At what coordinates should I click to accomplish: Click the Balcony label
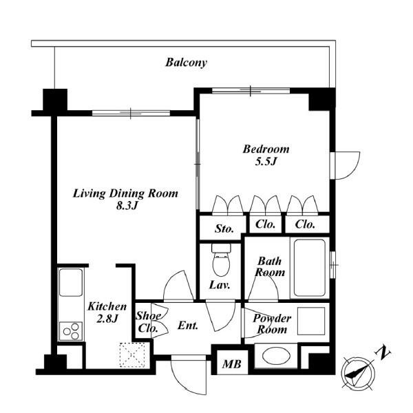coord(187,63)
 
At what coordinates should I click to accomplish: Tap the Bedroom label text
coord(266,149)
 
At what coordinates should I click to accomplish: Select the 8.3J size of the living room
coord(127,206)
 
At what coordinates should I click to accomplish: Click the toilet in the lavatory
coord(221,260)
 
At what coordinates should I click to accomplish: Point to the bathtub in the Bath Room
coord(310,268)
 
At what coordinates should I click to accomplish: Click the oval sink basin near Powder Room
coord(276,356)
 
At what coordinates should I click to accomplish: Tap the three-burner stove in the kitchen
coord(71,331)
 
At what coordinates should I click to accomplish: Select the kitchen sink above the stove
coord(71,282)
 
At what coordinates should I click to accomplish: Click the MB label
coord(231,364)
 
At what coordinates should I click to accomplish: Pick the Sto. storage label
coord(224,229)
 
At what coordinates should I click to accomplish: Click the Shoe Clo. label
coord(148,322)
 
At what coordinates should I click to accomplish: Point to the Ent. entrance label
coord(188,326)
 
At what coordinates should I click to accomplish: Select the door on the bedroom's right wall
coord(345,166)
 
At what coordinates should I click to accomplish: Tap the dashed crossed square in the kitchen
coord(132,354)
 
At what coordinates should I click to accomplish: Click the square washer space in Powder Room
coord(311,321)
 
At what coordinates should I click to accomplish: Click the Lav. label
coord(220,285)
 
